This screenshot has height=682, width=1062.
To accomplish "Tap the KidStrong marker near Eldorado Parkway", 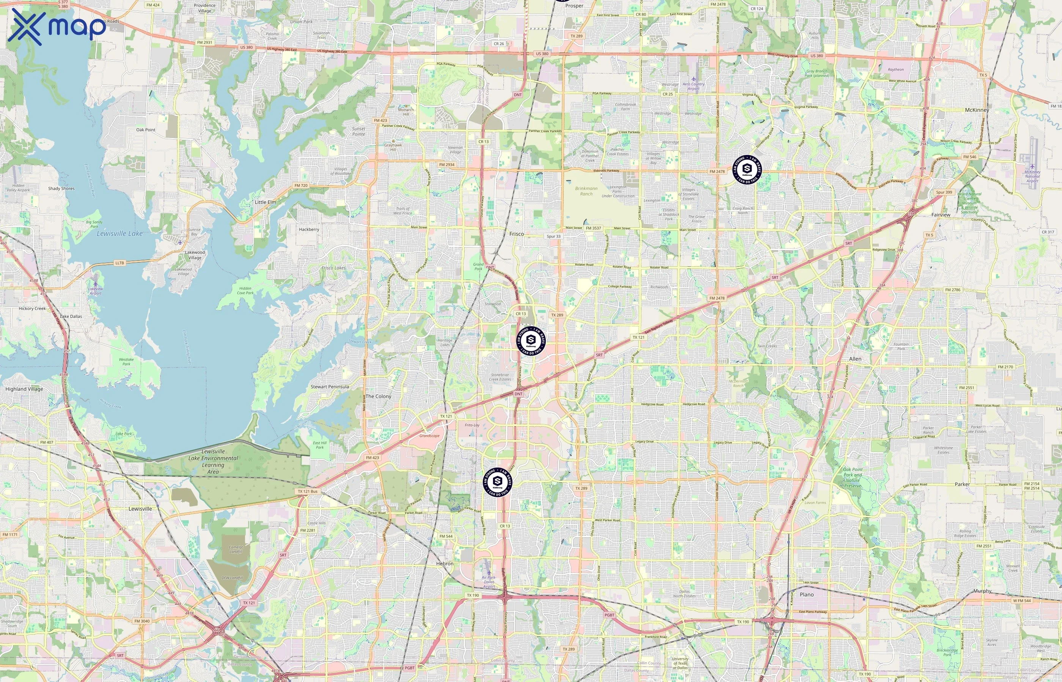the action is click(x=747, y=169).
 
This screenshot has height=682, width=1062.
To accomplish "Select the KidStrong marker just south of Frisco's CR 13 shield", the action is click(x=531, y=341).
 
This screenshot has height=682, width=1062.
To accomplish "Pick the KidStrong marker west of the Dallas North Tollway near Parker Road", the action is click(x=497, y=482).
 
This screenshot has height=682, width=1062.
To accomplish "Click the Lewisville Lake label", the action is click(x=120, y=233).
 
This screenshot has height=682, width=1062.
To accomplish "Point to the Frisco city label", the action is click(x=516, y=234).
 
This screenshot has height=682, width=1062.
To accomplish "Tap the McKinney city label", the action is click(x=977, y=110).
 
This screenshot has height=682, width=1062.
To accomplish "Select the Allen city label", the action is click(x=855, y=359).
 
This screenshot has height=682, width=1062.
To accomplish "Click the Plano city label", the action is click(x=807, y=594).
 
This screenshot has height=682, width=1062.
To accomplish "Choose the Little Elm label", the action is click(x=265, y=202).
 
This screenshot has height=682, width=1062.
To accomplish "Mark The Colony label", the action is click(x=378, y=396).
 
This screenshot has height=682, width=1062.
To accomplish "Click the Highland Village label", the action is click(x=24, y=389).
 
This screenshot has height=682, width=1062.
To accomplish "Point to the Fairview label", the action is click(x=941, y=215).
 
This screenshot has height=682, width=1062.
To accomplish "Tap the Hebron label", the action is click(x=445, y=563).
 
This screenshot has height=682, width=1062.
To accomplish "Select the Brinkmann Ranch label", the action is click(x=586, y=191).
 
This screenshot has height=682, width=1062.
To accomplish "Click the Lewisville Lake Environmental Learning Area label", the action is click(x=213, y=461).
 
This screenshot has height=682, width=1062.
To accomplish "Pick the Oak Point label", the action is click(x=146, y=130).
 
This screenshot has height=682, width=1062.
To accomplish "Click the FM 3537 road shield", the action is click(x=594, y=228).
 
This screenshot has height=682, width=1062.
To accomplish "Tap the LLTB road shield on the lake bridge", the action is click(x=120, y=263).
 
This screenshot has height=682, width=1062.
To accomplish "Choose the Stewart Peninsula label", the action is click(x=329, y=386).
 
